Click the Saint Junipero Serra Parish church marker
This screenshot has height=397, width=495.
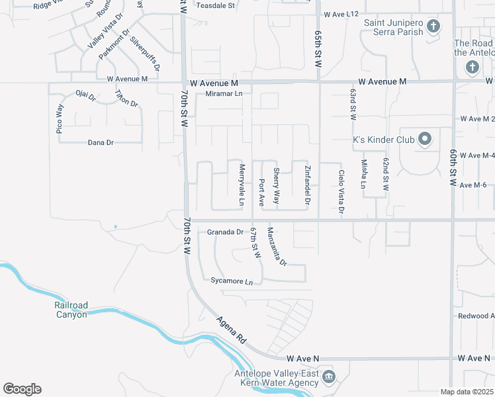433,26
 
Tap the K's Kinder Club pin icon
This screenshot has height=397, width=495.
424,140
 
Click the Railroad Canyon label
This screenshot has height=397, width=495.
71,310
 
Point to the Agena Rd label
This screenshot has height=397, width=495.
232,330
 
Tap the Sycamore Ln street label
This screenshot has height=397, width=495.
232,281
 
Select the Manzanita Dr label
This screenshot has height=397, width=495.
277,246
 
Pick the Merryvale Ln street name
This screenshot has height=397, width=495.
242,184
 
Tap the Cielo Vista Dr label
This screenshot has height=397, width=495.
341,192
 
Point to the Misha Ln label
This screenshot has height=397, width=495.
364,174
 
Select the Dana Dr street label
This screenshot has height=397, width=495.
101,142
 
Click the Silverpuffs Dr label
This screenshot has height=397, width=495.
144,54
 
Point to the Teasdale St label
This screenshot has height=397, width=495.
216,5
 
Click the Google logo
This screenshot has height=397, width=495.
22,389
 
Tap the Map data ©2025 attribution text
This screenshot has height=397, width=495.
466,392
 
